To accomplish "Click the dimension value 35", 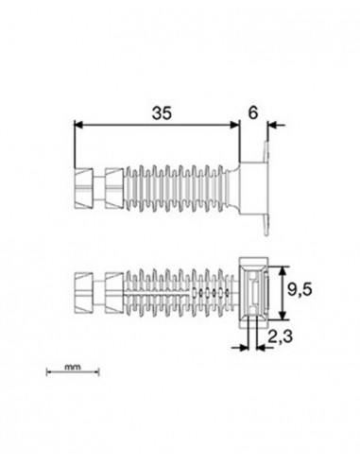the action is tap(162, 113).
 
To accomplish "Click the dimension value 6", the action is tap(253, 112).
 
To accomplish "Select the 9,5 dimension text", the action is tap(300, 289).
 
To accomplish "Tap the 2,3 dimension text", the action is tap(280, 336).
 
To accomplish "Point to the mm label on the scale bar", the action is tap(73, 367).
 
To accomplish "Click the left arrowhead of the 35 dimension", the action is tap(78, 125).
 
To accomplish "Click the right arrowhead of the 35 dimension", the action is tap(235, 125).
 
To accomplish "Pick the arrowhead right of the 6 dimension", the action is tap(272, 125).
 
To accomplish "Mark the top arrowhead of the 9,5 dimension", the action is tap(283, 271).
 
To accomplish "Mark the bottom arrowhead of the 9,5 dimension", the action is tap(283, 316).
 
